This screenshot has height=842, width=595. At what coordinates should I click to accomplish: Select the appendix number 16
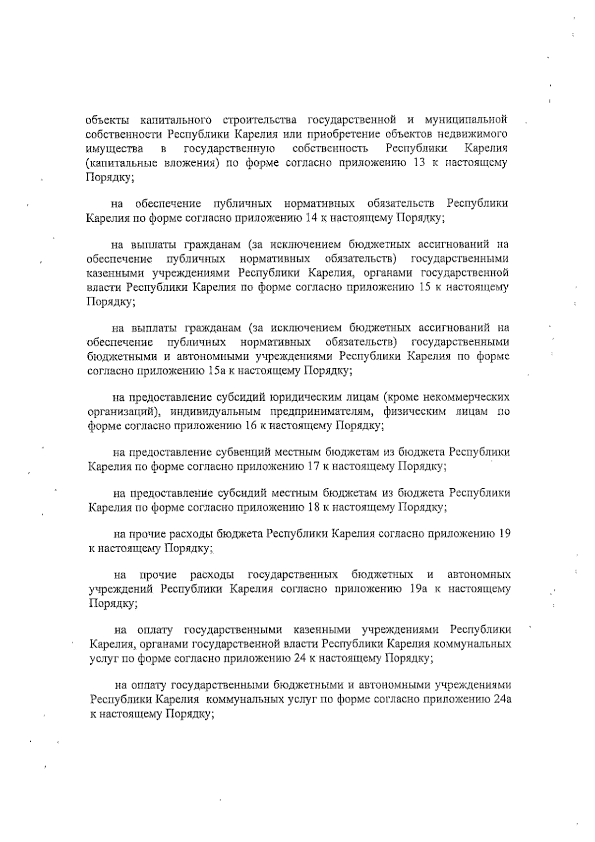[251, 425]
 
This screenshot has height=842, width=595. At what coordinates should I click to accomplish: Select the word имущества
[115, 148]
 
